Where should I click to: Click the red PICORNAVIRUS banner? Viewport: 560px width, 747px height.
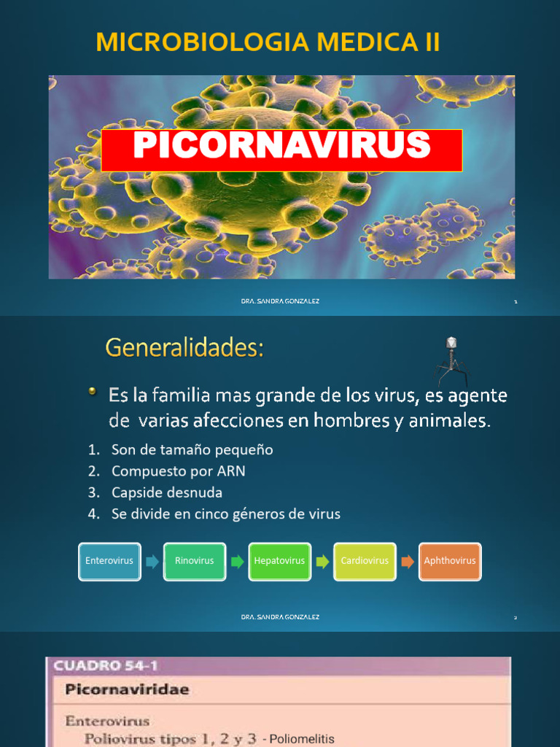pyautogui.click(x=281, y=150)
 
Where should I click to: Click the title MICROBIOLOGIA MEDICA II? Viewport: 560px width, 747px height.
pyautogui.click(x=268, y=42)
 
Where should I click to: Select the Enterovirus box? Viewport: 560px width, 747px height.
pyautogui.click(x=109, y=561)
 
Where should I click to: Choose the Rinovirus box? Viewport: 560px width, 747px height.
pyautogui.click(x=195, y=561)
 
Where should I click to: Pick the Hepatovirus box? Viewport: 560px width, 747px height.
pyautogui.click(x=279, y=561)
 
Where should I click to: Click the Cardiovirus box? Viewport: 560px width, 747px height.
pyautogui.click(x=365, y=561)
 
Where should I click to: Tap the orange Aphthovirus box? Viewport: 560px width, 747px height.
pyautogui.click(x=450, y=561)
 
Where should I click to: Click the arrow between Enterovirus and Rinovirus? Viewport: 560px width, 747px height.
pyautogui.click(x=152, y=562)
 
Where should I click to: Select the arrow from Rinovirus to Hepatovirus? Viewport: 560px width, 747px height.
pyautogui.click(x=237, y=562)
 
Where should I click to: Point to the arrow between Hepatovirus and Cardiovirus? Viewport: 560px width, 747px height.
pyautogui.click(x=322, y=562)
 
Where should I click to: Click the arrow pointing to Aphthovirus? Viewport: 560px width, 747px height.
pyautogui.click(x=408, y=562)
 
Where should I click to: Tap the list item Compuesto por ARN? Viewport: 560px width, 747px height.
pyautogui.click(x=178, y=471)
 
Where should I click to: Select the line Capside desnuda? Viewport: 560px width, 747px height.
pyautogui.click(x=167, y=492)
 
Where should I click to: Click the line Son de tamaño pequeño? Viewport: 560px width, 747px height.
pyautogui.click(x=192, y=450)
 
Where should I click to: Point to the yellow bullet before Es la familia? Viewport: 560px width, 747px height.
pyautogui.click(x=93, y=392)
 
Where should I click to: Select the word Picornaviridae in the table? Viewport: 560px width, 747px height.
pyautogui.click(x=127, y=689)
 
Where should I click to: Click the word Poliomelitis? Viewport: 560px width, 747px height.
pyautogui.click(x=302, y=739)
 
